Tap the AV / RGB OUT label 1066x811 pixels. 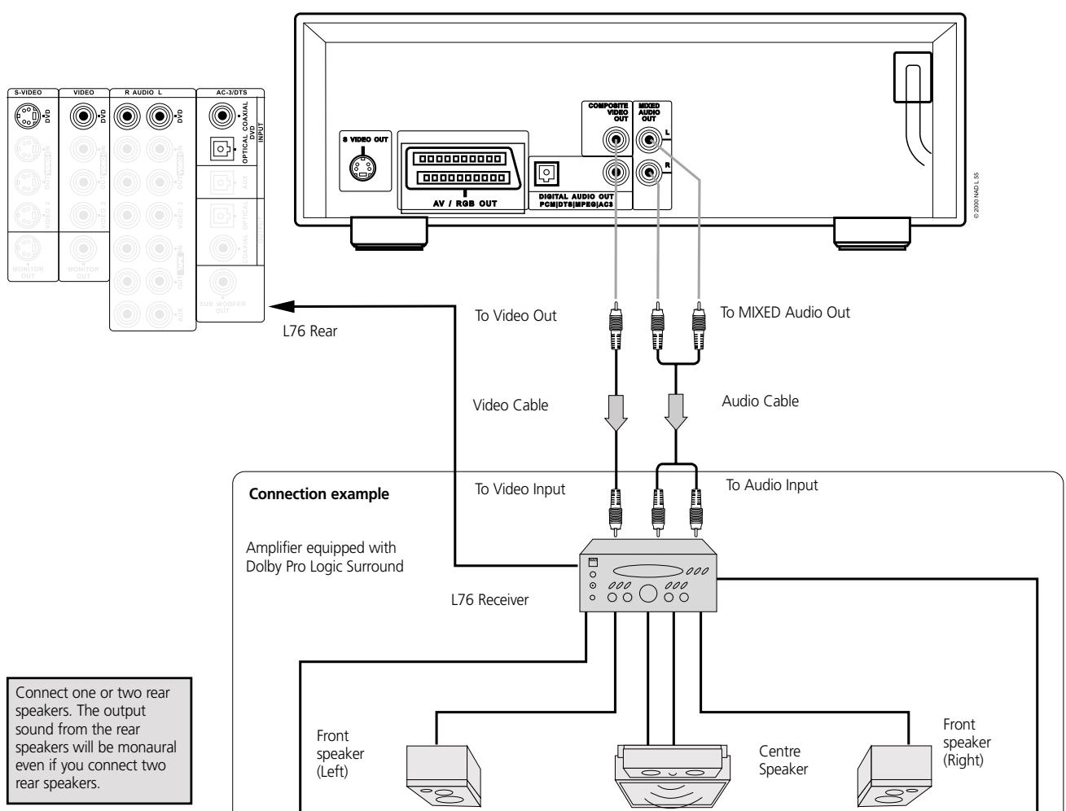tap(462, 202)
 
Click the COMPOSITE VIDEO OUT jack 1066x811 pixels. tap(616, 142)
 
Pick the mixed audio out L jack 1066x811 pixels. tap(649, 140)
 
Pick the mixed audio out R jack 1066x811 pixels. tap(649, 172)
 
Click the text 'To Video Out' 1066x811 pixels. tap(515, 315)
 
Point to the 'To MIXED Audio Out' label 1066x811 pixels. tap(785, 312)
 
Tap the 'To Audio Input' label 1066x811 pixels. tap(772, 485)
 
